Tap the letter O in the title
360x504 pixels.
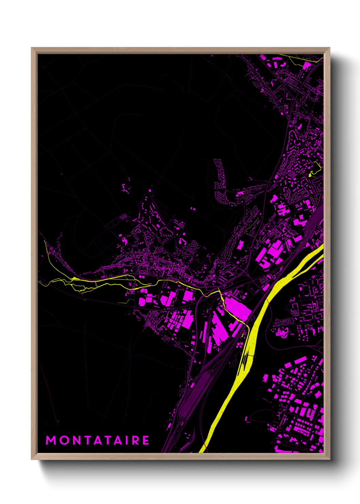tap(63, 440)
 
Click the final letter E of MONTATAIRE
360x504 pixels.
tap(146, 440)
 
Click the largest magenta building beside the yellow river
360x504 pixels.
tap(237, 309)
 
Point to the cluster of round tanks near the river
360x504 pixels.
tap(240, 345)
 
